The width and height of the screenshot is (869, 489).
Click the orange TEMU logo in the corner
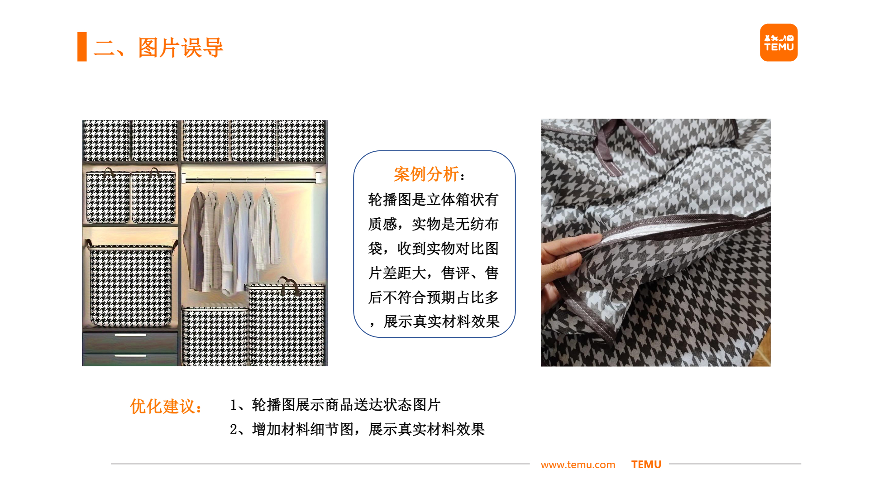click(x=778, y=43)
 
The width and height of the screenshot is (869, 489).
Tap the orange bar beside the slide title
click(x=82, y=47)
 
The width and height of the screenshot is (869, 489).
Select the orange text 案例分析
click(x=426, y=174)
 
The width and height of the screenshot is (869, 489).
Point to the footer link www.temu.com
click(x=578, y=465)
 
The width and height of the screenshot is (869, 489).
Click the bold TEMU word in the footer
click(x=646, y=465)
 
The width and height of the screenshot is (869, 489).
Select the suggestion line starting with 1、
click(x=335, y=405)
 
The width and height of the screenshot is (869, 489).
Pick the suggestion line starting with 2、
click(x=357, y=429)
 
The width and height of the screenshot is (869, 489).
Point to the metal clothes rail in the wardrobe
click(x=251, y=181)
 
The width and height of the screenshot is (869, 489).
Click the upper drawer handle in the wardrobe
click(x=130, y=335)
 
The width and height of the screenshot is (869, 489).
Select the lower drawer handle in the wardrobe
click(x=130, y=356)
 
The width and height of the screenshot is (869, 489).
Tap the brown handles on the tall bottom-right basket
click(x=290, y=285)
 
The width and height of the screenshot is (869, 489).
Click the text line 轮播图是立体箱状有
click(x=433, y=200)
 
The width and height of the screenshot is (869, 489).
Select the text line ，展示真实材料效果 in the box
click(x=434, y=321)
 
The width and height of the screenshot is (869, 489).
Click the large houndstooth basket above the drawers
click(x=130, y=285)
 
